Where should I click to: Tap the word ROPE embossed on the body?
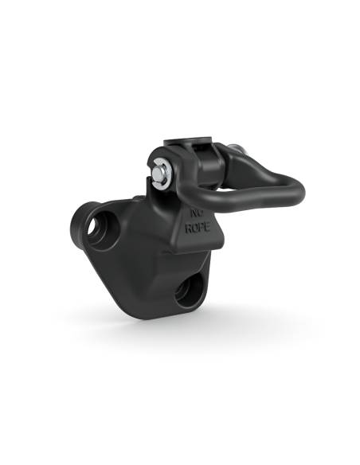point(197,228)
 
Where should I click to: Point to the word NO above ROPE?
point(196,213)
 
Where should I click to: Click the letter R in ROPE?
point(189,227)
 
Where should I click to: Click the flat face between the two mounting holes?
point(139,255)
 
